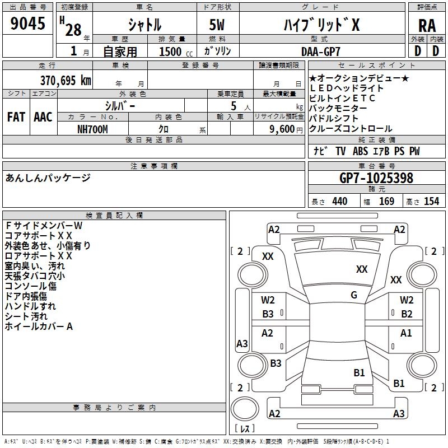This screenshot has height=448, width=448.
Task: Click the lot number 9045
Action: coord(27,24)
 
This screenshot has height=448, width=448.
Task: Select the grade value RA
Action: coord(427,26)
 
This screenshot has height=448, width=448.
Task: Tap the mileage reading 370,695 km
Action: coord(66,81)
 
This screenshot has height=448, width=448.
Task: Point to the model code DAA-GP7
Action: coord(320,52)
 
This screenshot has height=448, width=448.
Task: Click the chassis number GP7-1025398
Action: coord(376,178)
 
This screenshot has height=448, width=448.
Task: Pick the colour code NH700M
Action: coord(92,129)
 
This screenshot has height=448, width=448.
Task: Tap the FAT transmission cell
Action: coord(16,117)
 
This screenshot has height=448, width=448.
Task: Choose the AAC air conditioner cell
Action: coord(43,117)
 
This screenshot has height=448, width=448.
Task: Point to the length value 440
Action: coord(340,201)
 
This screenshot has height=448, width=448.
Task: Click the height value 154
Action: coord(431,201)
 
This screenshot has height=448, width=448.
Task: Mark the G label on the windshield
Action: coord(354,295)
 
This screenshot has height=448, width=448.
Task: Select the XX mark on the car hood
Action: coord(362,269)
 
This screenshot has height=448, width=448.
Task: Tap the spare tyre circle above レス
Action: coord(245,409)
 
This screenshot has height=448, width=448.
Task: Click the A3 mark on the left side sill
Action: coord(242,343)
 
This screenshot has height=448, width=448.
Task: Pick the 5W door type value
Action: coord(217,25)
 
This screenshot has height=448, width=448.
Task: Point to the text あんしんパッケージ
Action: coord(48,178)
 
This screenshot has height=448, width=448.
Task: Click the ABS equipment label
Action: coord(360,151)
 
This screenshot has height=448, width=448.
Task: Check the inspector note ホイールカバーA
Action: coord(39,326)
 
